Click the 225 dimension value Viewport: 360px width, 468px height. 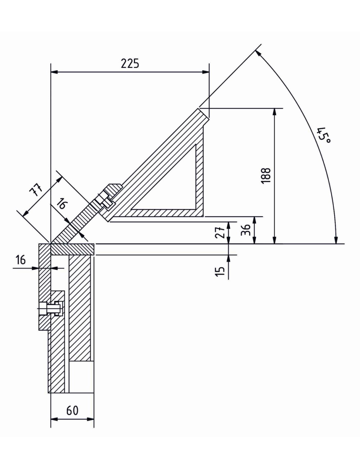[x=130, y=63]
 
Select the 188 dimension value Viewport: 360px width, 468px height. [x=266, y=176]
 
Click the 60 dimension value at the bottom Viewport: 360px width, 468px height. [x=72, y=410]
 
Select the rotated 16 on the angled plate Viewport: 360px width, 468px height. [x=62, y=204]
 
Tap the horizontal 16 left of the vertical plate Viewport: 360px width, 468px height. [x=21, y=260]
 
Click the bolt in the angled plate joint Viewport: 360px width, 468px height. [x=104, y=201]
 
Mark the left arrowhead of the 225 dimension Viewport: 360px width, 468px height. [x=54, y=72]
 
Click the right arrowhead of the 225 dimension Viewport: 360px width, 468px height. [x=206, y=72]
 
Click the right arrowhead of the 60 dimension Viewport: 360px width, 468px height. [x=91, y=419]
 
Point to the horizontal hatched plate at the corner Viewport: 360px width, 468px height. [x=72, y=249]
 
